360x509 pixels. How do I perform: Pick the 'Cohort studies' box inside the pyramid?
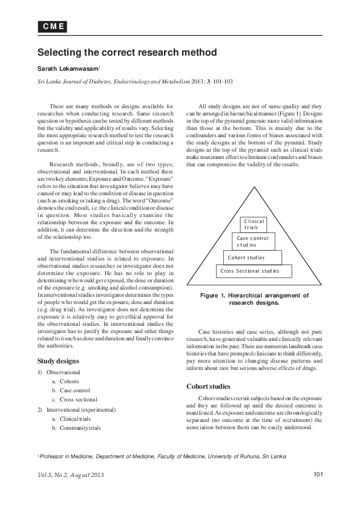click(246, 258)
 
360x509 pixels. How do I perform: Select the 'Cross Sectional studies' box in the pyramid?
click(250, 271)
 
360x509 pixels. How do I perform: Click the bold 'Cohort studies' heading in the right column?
click(208, 386)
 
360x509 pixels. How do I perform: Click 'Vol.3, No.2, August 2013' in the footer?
click(71, 475)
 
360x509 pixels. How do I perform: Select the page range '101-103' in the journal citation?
click(220, 80)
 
